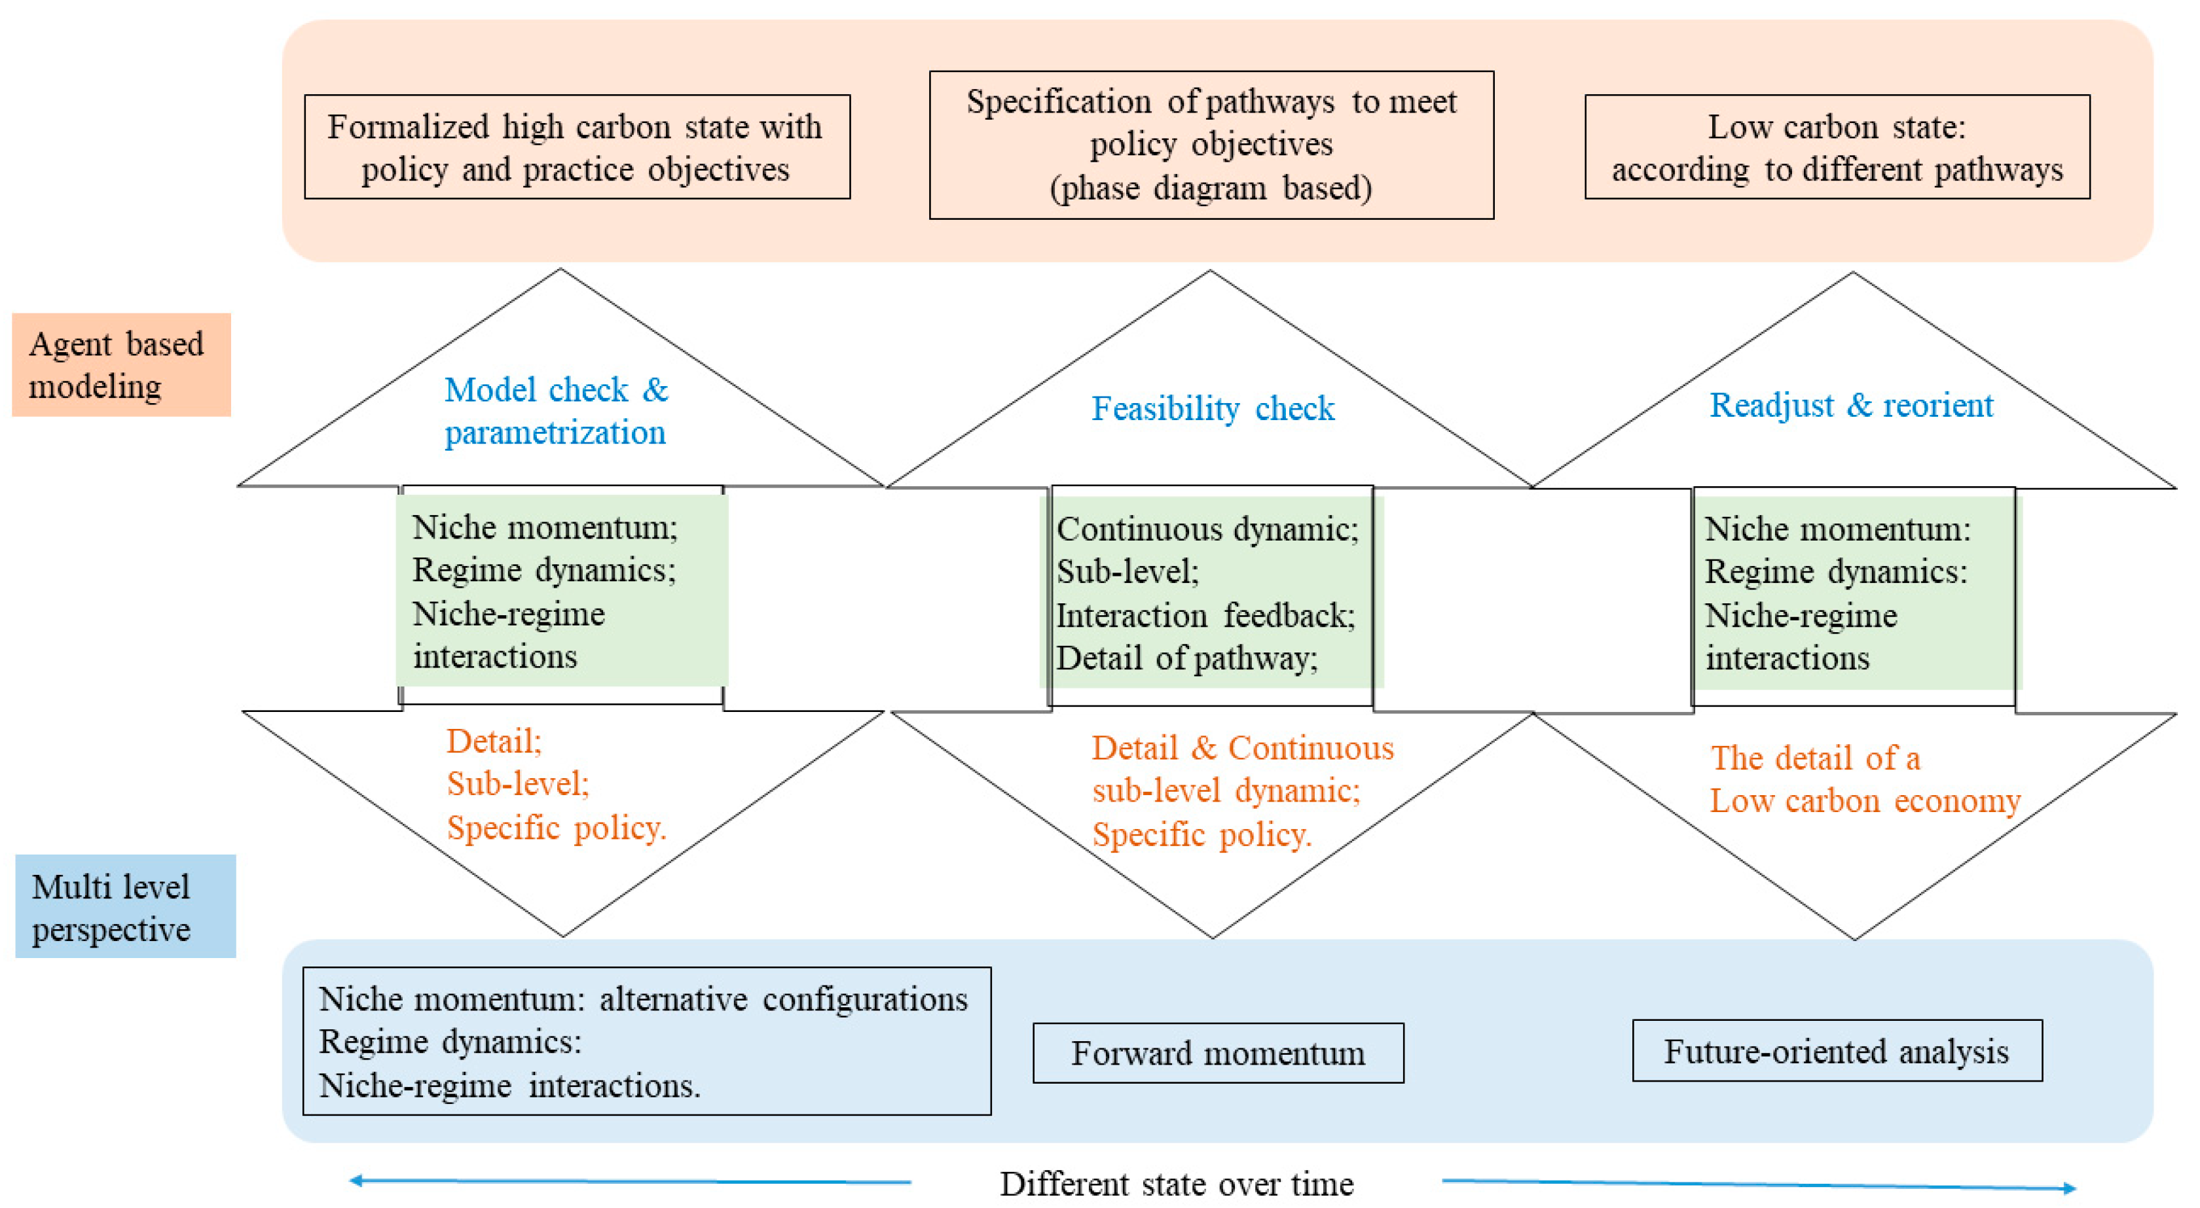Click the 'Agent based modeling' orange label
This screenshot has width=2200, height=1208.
click(x=120, y=364)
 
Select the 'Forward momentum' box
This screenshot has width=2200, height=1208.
click(x=1218, y=1054)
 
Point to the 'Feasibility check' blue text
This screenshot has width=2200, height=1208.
click(x=1213, y=409)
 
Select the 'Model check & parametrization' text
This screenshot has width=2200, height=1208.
click(x=556, y=412)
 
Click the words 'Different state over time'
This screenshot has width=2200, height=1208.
click(x=1176, y=1184)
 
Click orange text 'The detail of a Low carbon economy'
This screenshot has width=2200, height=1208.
click(x=1864, y=779)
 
